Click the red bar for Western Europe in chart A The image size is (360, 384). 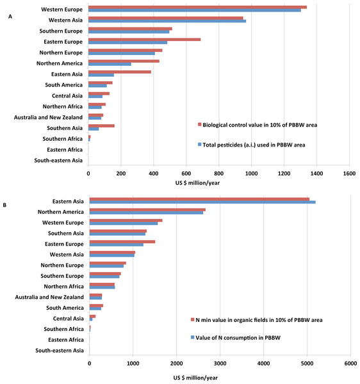pos(197,7)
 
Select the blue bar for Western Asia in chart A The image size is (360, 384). pos(167,21)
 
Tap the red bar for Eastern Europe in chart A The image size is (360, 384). pos(145,40)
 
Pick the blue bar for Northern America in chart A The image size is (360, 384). pos(110,64)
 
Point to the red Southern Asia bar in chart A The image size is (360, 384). pos(101,126)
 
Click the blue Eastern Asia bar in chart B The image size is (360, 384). pos(202,202)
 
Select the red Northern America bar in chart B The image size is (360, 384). pos(147,210)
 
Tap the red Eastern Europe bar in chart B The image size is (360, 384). pos(122,242)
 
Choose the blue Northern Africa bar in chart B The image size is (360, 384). pos(102,287)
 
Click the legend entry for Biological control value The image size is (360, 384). pos(258,125)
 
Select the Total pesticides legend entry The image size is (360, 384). pos(252,145)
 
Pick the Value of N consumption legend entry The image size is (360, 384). pos(236,338)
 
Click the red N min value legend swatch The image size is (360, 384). pos(193,320)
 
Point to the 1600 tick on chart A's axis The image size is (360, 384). pos(349,173)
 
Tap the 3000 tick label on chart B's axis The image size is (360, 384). pos(220,363)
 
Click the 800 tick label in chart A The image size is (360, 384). pos(219,173)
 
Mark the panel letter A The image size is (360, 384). pos(10,17)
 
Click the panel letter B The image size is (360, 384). pos(4,205)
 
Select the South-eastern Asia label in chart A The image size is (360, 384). pos(58,161)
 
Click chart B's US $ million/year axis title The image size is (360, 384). pos(195,378)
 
